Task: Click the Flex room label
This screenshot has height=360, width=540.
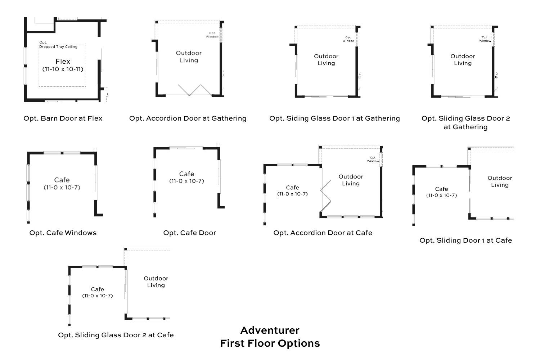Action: pos(63,62)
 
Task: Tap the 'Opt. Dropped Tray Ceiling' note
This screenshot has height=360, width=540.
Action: pos(58,45)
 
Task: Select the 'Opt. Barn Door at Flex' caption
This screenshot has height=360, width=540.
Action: pos(63,118)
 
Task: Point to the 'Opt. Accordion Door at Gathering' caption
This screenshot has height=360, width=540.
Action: pos(188,118)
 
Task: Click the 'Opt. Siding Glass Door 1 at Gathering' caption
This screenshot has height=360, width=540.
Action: pos(334,118)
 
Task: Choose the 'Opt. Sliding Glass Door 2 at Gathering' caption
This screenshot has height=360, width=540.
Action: pos(465,122)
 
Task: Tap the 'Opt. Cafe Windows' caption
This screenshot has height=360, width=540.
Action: pos(63,233)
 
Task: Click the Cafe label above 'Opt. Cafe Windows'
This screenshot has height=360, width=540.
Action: pos(62,180)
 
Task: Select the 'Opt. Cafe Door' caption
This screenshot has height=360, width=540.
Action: pos(190,233)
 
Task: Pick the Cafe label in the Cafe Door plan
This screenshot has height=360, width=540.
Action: pos(186,174)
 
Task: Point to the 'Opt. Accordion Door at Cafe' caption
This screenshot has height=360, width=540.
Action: pos(323,233)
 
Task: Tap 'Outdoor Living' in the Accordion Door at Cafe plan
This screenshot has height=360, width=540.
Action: pos(351,180)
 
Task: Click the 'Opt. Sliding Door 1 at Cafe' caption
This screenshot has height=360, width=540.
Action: pos(465,240)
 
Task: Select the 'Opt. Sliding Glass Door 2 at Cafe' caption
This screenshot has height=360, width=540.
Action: pos(116,335)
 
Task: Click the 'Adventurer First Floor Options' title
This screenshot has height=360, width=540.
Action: pos(270,337)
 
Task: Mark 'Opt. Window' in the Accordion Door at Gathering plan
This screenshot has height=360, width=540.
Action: pos(212,35)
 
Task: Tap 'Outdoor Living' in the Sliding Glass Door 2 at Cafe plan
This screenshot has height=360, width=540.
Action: pos(156,282)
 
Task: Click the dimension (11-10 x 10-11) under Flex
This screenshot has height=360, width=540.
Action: pos(63,69)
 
